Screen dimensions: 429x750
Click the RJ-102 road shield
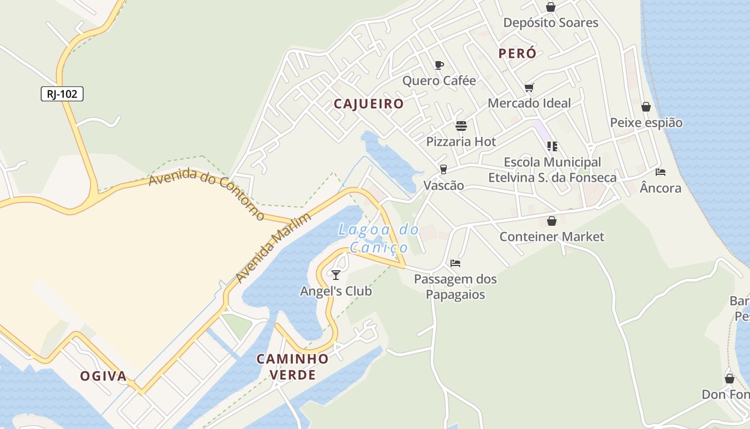tap(62, 94)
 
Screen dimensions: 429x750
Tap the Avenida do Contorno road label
tap(207, 195)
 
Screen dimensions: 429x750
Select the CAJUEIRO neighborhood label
tap(369, 104)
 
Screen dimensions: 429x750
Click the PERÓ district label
tap(517, 54)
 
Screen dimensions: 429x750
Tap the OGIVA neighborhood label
tap(104, 376)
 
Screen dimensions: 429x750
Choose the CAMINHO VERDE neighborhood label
tap(292, 367)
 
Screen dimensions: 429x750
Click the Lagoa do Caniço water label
tap(378, 239)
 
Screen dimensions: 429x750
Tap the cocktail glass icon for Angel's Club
tap(336, 275)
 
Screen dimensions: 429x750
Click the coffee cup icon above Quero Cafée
tap(439, 65)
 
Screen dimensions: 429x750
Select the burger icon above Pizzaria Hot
tap(461, 126)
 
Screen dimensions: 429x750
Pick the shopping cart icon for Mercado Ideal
tap(529, 87)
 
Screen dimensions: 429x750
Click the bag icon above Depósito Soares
tap(550, 7)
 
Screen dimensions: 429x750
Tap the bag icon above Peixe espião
tap(646, 107)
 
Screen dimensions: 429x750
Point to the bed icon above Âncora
tap(661, 172)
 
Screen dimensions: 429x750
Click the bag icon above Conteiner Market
tap(552, 221)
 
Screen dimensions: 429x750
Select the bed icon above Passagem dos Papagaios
tap(455, 263)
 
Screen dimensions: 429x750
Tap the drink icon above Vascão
tap(443, 169)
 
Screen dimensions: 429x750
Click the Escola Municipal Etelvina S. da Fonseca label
tap(552, 169)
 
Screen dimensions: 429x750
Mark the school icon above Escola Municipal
tap(552, 146)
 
